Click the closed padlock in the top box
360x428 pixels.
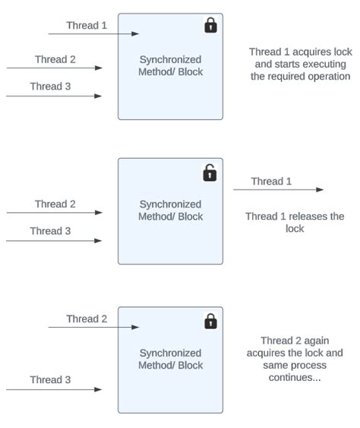click(210, 26)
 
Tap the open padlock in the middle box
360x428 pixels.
click(210, 173)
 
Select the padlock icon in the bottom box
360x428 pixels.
click(210, 322)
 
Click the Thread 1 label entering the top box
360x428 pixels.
click(87, 25)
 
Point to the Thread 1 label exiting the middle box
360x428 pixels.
click(271, 181)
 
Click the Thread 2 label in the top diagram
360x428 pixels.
click(55, 59)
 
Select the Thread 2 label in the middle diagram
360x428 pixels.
click(55, 204)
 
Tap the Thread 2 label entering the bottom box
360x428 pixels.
click(87, 319)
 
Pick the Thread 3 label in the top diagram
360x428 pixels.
click(50, 86)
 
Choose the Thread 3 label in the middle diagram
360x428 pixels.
click(50, 230)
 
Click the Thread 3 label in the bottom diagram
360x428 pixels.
click(50, 379)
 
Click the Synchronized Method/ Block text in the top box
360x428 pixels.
click(170, 65)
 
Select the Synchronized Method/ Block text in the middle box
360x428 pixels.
click(170, 210)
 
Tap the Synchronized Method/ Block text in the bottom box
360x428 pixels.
click(170, 359)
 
